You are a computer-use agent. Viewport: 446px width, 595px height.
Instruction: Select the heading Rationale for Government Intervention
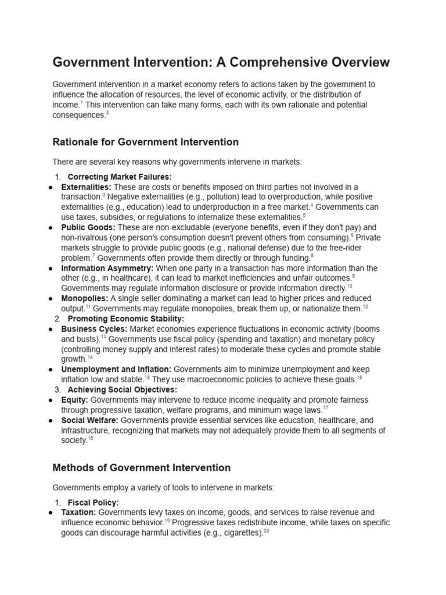click(145, 142)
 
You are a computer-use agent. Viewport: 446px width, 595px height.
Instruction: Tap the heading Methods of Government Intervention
click(141, 467)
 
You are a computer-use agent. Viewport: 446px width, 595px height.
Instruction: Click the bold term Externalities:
click(86, 187)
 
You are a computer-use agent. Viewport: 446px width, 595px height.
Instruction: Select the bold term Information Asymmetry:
click(107, 268)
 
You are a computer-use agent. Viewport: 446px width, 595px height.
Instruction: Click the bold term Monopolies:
click(84, 298)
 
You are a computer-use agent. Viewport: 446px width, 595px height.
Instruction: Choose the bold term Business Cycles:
click(94, 329)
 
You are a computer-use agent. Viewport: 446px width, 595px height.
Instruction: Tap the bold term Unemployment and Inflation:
click(116, 370)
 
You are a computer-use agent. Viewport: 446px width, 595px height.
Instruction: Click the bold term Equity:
click(75, 400)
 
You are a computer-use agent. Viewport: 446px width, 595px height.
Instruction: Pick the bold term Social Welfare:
click(89, 420)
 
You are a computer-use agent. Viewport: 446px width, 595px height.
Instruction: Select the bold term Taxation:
click(79, 512)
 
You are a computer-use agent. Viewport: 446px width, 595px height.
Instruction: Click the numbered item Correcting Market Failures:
click(120, 177)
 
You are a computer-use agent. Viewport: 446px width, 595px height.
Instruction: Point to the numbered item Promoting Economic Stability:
click(126, 318)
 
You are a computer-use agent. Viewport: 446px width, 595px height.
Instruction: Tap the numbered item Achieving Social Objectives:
click(123, 390)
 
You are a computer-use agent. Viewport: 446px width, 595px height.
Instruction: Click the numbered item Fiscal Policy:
click(93, 502)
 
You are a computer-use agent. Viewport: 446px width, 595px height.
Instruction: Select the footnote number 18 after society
click(90, 439)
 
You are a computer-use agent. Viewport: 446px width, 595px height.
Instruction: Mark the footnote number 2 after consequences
click(107, 113)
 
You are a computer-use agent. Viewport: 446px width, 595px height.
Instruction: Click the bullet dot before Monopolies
click(53, 299)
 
